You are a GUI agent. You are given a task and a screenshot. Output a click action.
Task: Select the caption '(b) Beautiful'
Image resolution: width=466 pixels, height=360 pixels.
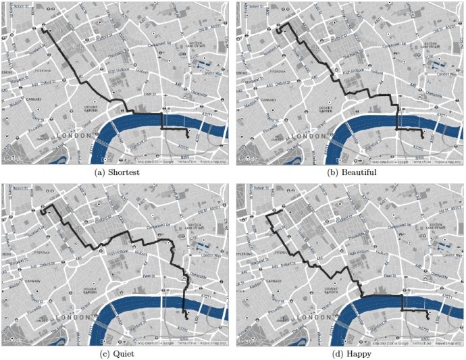click(350, 172)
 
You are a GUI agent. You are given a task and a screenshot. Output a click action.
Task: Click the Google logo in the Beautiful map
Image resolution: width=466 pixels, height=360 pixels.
click(245, 160)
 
